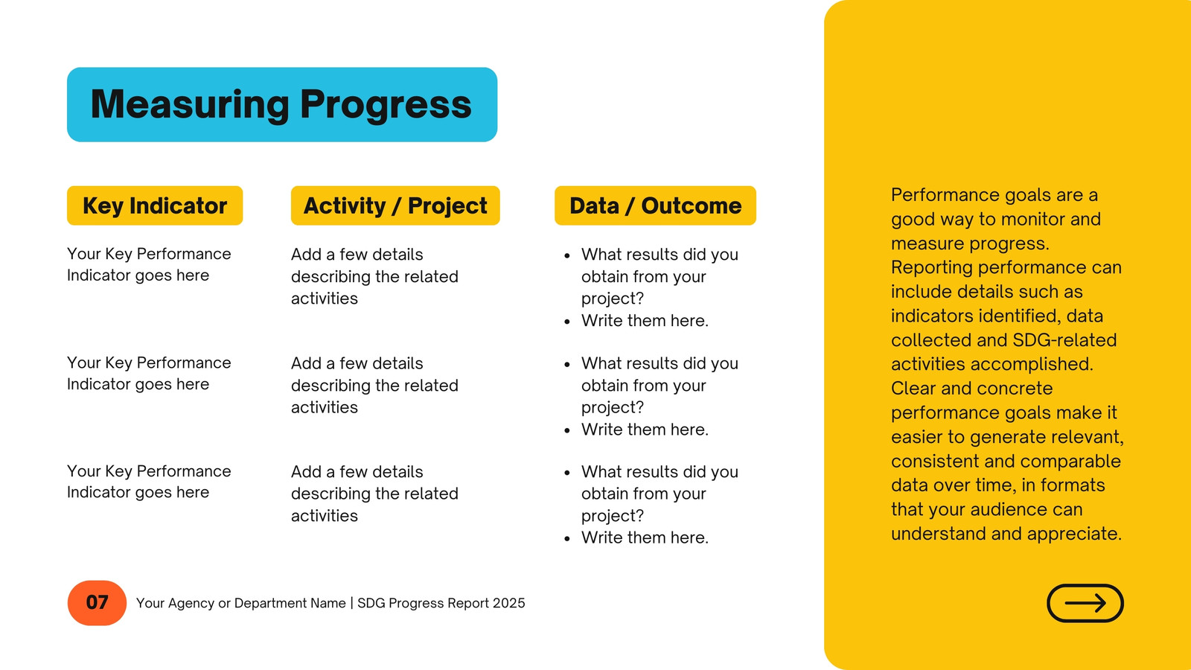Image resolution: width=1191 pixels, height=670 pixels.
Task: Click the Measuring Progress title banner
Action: coord(282,104)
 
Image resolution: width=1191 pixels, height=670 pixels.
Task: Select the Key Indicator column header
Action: coord(155,205)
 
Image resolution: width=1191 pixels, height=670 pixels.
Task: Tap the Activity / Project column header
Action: coord(395,205)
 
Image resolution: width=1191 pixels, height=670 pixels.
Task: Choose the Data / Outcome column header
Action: coord(655,205)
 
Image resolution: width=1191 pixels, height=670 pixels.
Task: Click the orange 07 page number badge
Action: coord(97,602)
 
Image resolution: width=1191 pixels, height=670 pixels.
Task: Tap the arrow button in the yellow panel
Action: coord(1085,603)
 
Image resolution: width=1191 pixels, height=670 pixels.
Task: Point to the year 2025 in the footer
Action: coord(509,603)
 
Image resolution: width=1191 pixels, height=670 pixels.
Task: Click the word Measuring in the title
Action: coord(190,104)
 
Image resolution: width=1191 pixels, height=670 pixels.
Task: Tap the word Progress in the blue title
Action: coord(386,104)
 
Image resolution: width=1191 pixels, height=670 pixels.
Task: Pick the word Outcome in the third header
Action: coord(692,205)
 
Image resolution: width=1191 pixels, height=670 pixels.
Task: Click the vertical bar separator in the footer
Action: coord(351,603)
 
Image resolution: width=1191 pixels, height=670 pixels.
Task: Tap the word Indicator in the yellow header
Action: coord(178,205)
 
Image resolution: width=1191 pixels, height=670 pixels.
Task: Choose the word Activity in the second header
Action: coord(345,206)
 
